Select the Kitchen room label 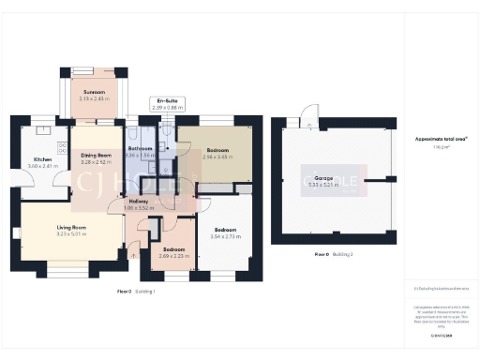[43, 158]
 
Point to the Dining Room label [97, 155]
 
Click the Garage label [323, 176]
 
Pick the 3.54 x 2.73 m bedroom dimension [226, 238]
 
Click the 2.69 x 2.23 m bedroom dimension [173, 256]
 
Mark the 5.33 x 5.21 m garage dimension [323, 184]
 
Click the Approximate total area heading [441, 139]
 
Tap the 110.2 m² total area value [441, 146]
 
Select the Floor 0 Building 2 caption [333, 254]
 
